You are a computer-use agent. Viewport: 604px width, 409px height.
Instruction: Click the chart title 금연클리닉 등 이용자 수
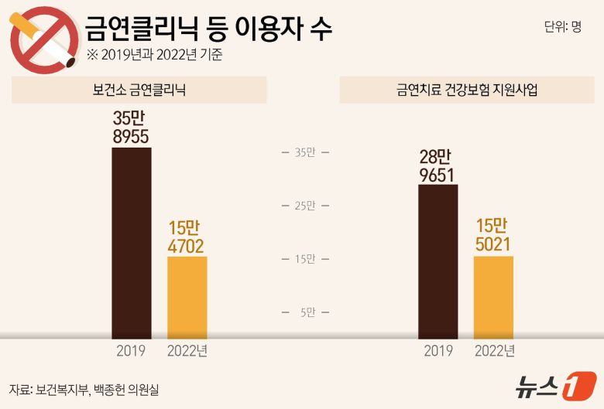pyautogui.click(x=208, y=29)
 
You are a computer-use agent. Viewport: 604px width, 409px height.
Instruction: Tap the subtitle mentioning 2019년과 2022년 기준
pyautogui.click(x=155, y=56)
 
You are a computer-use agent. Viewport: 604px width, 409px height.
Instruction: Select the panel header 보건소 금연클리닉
pyautogui.click(x=139, y=90)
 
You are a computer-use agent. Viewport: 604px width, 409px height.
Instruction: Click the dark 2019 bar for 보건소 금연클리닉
pyautogui.click(x=132, y=243)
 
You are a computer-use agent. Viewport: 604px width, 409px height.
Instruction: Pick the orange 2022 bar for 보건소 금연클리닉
pyautogui.click(x=187, y=298)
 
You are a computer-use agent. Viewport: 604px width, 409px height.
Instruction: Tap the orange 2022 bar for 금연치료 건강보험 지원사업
pyautogui.click(x=493, y=297)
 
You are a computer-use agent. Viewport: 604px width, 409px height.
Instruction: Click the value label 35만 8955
pyautogui.click(x=131, y=128)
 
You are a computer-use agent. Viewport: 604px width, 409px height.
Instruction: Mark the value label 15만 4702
pyautogui.click(x=186, y=237)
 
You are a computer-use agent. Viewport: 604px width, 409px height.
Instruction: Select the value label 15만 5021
pyautogui.click(x=492, y=236)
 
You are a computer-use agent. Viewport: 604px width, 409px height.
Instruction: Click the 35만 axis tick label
pyautogui.click(x=305, y=152)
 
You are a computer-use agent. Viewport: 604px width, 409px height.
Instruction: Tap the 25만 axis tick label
pyautogui.click(x=305, y=206)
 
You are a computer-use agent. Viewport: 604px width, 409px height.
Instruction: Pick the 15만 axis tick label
pyautogui.click(x=305, y=259)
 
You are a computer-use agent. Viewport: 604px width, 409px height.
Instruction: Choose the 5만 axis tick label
pyautogui.click(x=307, y=312)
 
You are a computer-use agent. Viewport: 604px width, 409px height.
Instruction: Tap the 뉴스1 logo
pyautogui.click(x=557, y=386)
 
